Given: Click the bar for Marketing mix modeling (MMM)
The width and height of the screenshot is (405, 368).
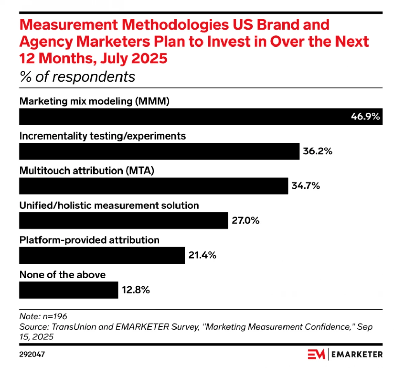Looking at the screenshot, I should tap(182, 117).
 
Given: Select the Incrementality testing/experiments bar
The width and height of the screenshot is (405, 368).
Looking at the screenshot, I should tap(159, 151).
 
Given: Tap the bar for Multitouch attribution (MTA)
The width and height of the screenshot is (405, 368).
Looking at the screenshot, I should tap(153, 186).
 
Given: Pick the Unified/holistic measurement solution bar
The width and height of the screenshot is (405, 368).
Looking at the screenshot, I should tap(124, 221).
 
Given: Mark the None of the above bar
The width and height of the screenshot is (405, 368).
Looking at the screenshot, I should tap(69, 290).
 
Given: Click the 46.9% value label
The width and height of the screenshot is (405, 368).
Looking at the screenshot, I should tap(365, 117).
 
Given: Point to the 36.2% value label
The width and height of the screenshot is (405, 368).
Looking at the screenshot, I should tap(318, 151).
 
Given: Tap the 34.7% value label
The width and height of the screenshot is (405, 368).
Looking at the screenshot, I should tap(306, 186).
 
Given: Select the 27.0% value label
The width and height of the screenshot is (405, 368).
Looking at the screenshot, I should tap(245, 221).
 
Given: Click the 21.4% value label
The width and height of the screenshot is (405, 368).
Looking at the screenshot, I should tap(202, 255).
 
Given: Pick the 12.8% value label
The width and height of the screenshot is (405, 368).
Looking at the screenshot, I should tap(136, 290).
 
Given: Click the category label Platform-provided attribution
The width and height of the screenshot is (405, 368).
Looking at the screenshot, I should tap(89, 240).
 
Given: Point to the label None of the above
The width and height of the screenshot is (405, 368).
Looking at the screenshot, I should tap(62, 275).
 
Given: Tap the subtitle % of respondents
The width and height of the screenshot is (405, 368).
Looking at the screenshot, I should tap(77, 77).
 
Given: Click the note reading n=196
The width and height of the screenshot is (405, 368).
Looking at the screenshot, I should tap(43, 316).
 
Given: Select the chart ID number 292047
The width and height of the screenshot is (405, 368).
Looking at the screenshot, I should tap(32, 355).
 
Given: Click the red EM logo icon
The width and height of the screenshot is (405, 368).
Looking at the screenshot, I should tap(316, 355).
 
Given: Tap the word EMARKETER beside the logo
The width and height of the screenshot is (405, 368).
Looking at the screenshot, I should tap(357, 355).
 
